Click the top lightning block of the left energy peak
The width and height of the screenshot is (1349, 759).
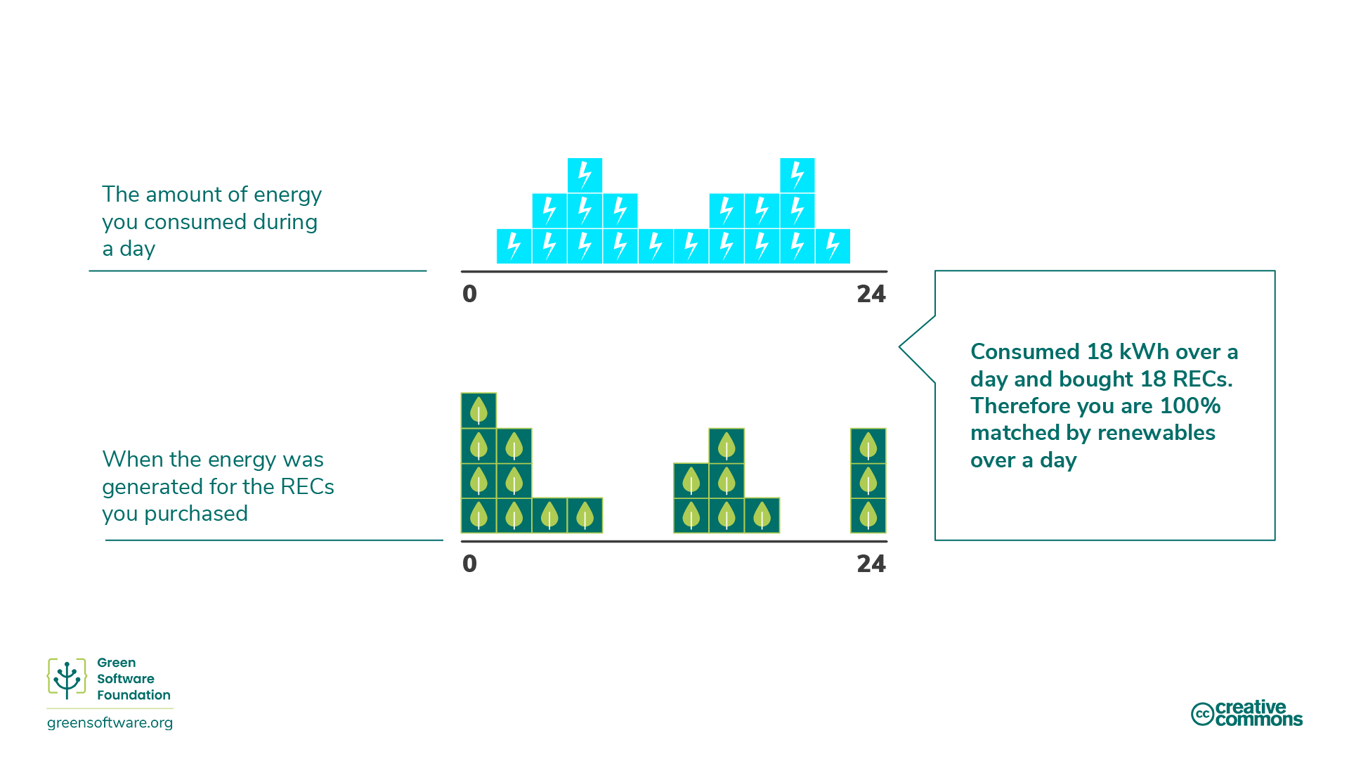(x=585, y=175)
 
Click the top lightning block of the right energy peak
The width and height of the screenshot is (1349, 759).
(x=797, y=175)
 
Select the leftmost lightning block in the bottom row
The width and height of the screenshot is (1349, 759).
(x=514, y=246)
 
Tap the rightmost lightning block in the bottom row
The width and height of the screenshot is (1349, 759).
(x=833, y=246)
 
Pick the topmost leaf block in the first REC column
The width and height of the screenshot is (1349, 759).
(x=478, y=410)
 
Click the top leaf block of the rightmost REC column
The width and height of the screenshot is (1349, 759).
(x=868, y=446)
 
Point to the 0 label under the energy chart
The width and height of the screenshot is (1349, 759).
(x=469, y=294)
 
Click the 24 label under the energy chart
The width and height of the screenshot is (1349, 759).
(x=871, y=294)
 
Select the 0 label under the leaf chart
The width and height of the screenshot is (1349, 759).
(x=469, y=564)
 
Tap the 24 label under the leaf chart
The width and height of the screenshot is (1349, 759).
(x=871, y=564)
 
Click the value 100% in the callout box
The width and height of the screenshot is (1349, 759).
(x=1190, y=406)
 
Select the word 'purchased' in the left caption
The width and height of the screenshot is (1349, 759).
(x=195, y=514)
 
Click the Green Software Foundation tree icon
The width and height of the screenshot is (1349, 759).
(x=67, y=679)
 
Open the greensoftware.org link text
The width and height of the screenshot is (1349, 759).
(x=110, y=723)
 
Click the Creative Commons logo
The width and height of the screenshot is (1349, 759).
(x=1246, y=713)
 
